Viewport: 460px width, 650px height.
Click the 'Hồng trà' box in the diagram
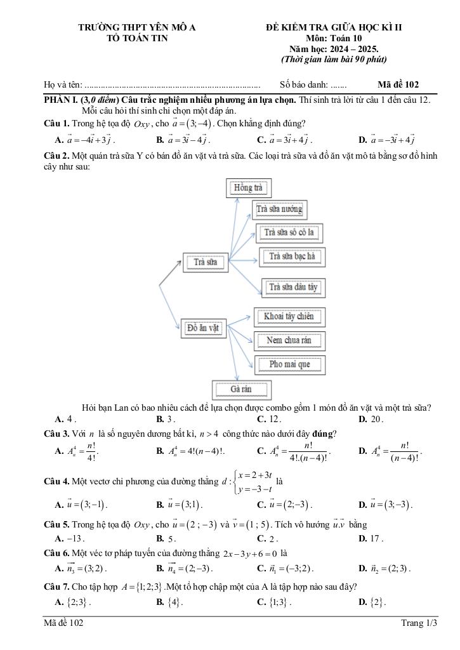coord(248,188)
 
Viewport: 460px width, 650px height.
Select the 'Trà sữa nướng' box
coord(279,209)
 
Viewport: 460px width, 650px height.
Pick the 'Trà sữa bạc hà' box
coord(292,256)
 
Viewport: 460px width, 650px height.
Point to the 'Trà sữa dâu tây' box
coord(293,287)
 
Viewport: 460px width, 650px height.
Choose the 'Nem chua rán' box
coord(289,340)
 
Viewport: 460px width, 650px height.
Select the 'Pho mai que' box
coord(289,364)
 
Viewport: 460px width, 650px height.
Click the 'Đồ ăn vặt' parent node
coord(203,328)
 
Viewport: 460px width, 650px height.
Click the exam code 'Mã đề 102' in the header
coord(398,84)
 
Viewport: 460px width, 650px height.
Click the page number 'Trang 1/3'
coord(419,623)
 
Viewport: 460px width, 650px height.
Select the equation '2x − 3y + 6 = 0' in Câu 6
coord(251,552)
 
